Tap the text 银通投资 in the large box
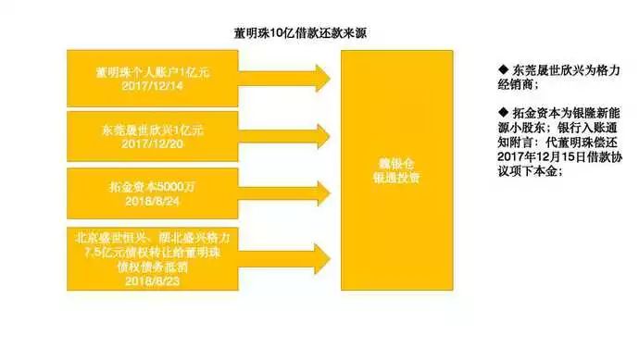(397, 176)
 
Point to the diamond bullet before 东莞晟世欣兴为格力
(491, 70)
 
